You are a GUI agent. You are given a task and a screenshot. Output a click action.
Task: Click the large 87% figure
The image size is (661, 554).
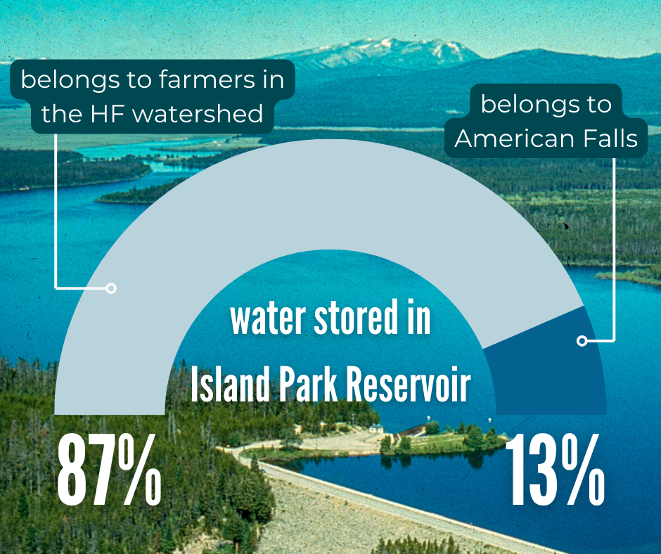(x=109, y=470)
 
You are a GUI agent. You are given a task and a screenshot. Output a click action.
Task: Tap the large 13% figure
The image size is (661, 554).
(x=554, y=470)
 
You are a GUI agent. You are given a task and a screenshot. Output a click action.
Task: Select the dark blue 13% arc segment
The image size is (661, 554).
(x=545, y=366)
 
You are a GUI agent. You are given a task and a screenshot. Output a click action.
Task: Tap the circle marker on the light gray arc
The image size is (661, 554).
(x=110, y=288)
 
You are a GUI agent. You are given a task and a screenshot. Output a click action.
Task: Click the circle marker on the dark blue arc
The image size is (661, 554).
(x=582, y=341)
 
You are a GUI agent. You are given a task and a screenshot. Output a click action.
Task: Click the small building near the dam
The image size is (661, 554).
(x=377, y=428)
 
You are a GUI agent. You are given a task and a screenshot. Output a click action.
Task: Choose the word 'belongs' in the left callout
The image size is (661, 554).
(x=63, y=79)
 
